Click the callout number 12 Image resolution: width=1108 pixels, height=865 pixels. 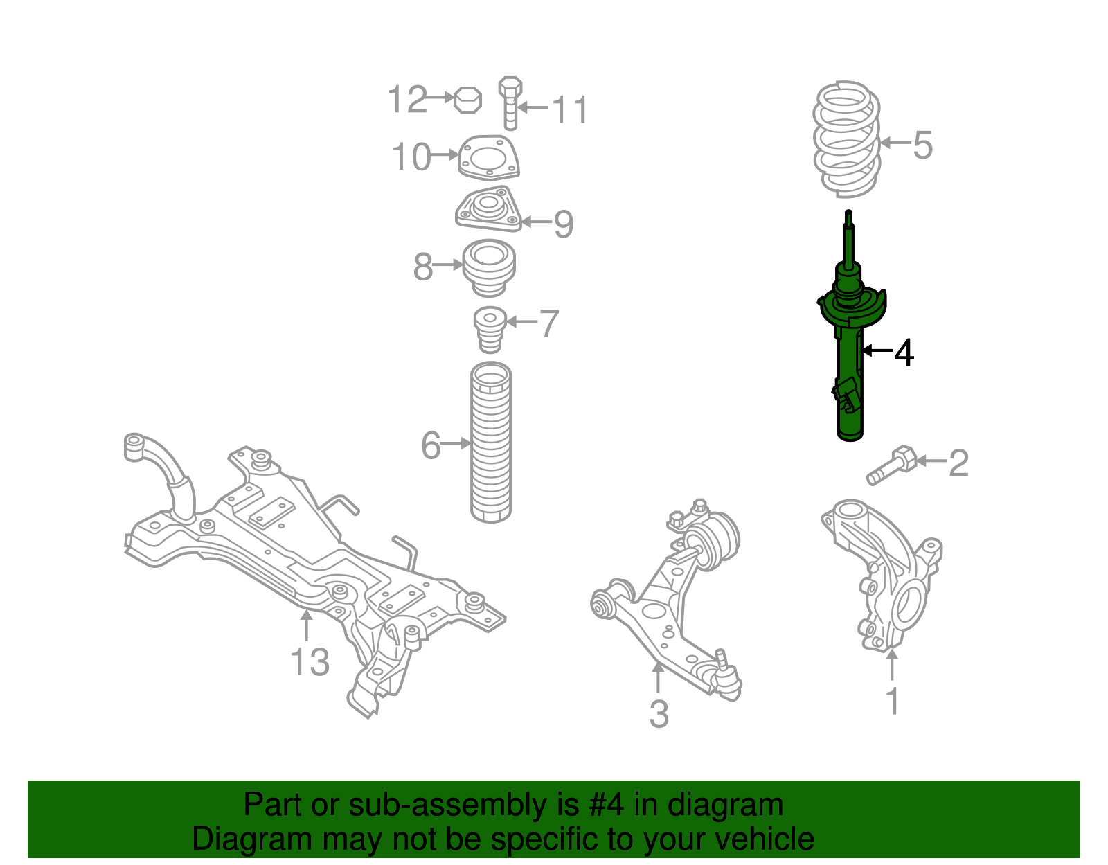407,100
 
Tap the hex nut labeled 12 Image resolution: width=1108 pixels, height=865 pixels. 467,100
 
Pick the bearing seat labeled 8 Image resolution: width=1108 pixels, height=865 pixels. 489,267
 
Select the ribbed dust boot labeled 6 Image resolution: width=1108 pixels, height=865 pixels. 491,443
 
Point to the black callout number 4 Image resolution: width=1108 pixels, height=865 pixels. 904,353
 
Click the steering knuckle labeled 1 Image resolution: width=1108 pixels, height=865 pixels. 883,575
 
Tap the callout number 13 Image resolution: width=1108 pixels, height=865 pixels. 310,662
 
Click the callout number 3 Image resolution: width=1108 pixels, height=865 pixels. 659,714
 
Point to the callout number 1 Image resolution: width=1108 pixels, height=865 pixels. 893,702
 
